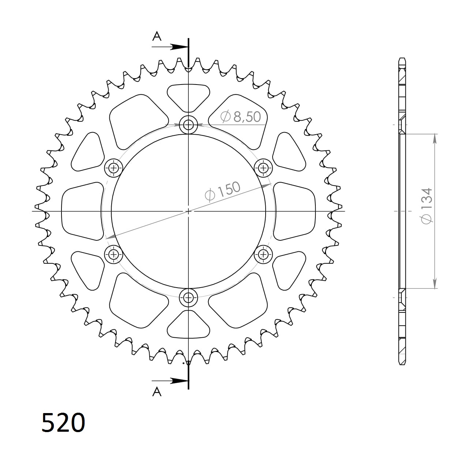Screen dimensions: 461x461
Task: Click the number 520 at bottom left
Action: pyautogui.click(x=63, y=423)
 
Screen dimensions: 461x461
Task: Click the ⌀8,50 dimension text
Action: pyautogui.click(x=240, y=116)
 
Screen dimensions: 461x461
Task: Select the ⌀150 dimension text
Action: pyautogui.click(x=223, y=191)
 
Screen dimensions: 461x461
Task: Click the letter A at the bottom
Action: pyautogui.click(x=157, y=392)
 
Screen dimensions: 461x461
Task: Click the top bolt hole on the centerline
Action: pyautogui.click(x=188, y=125)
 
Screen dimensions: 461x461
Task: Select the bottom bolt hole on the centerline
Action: pyautogui.click(x=188, y=297)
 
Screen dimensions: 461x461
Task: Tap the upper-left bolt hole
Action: pyautogui.click(x=114, y=168)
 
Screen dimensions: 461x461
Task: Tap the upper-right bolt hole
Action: pyautogui.click(x=263, y=168)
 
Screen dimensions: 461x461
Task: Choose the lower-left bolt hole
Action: pyautogui.click(x=114, y=254)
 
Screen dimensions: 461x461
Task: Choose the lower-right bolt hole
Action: pyautogui.click(x=263, y=254)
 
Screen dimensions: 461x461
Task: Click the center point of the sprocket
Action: pyautogui.click(x=188, y=211)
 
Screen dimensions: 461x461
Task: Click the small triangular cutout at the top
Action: pyautogui.click(x=188, y=96)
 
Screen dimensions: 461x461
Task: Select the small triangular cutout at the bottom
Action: pyautogui.click(x=188, y=326)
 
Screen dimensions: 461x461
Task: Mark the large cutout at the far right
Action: pyautogui.click(x=295, y=211)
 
